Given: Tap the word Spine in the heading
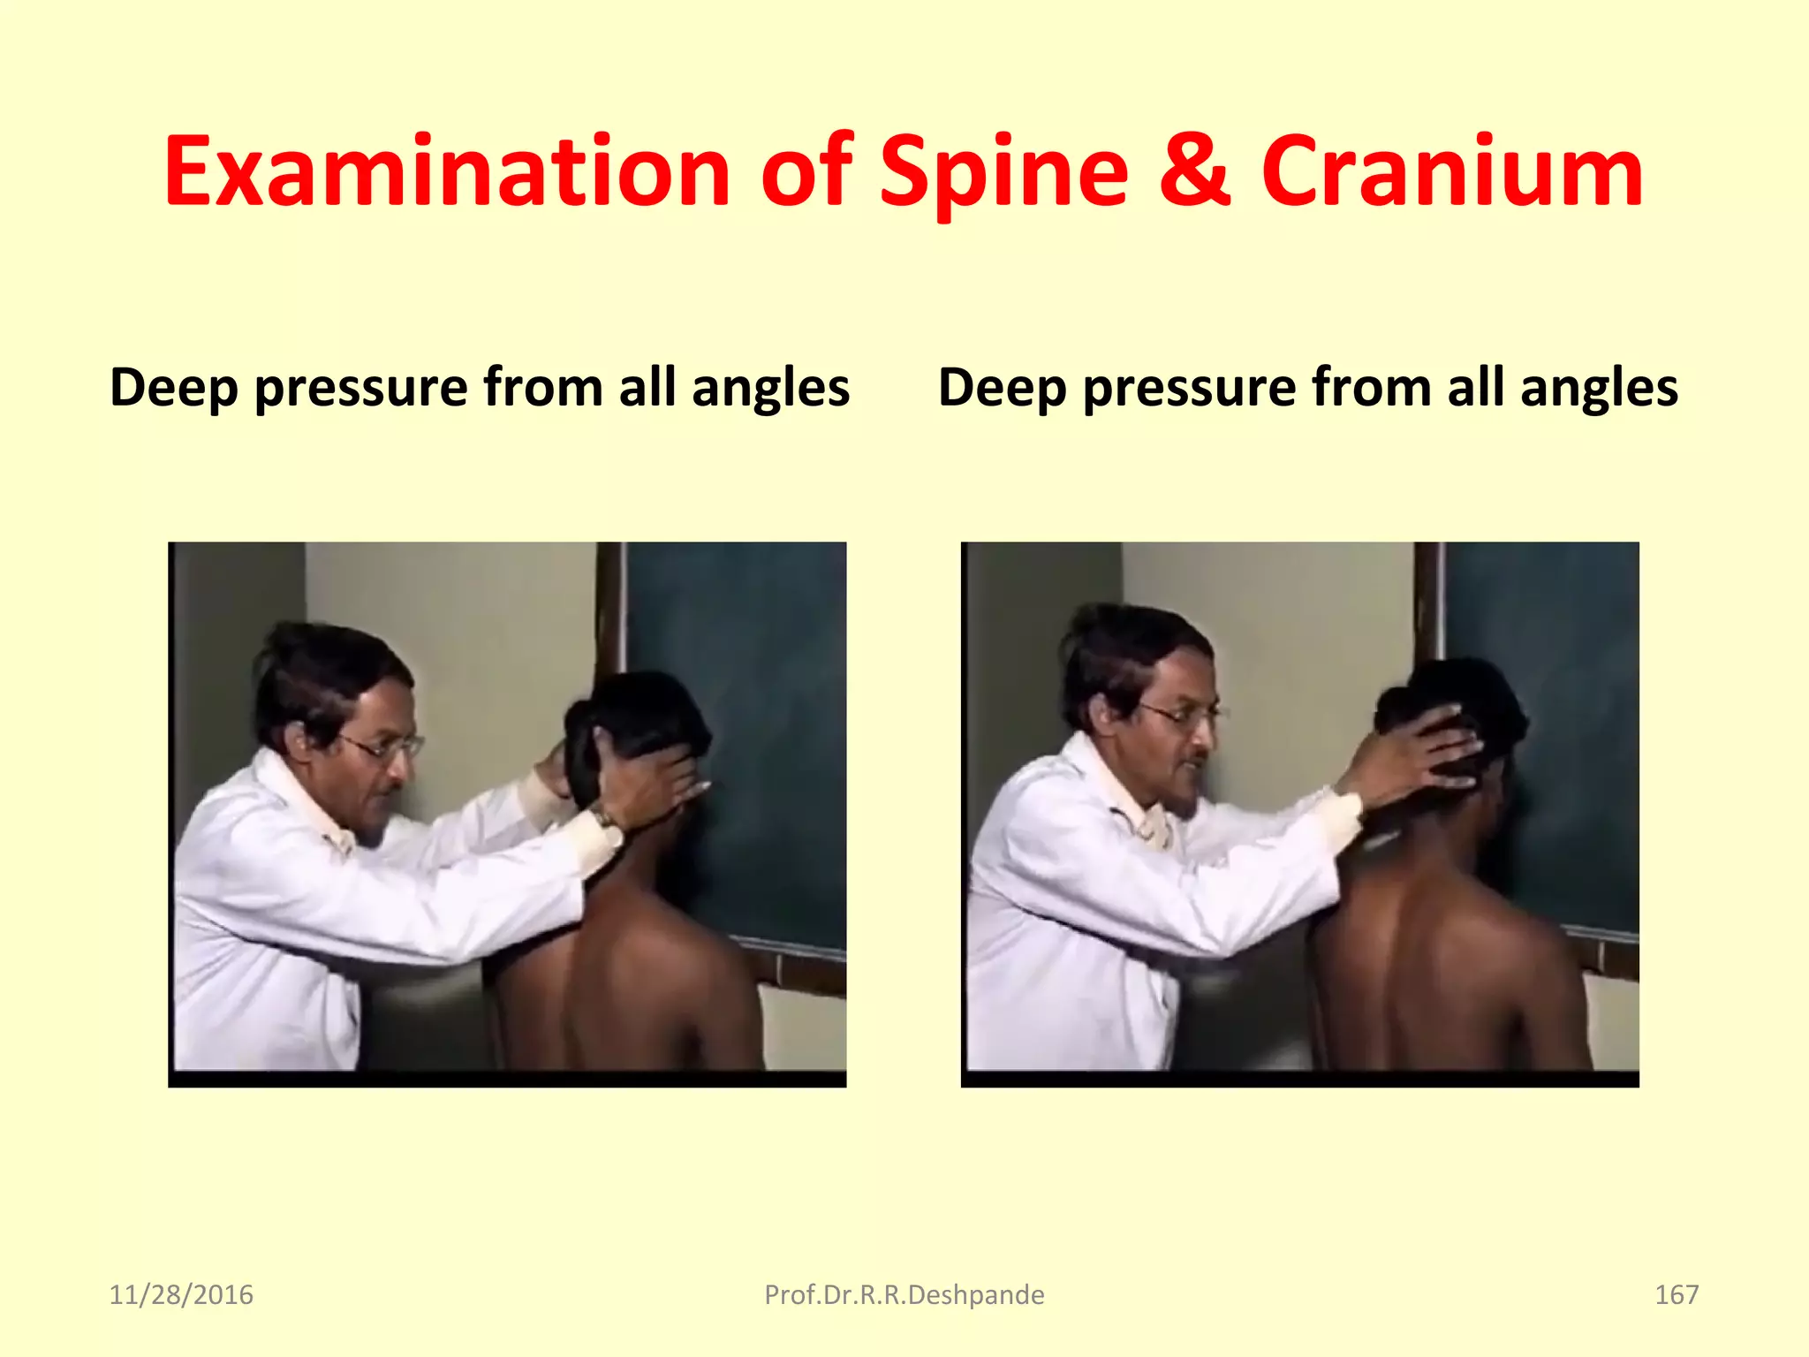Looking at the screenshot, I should coord(1004,175).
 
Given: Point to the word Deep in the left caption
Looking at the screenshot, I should coord(174,389).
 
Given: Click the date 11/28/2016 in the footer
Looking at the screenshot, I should coord(181,1295).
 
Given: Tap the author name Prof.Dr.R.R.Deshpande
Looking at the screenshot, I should coord(904,1295).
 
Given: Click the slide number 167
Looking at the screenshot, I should coord(1676,1295).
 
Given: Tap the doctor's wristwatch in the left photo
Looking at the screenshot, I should coord(604,817).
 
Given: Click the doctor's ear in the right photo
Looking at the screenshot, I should coord(1099,712).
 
